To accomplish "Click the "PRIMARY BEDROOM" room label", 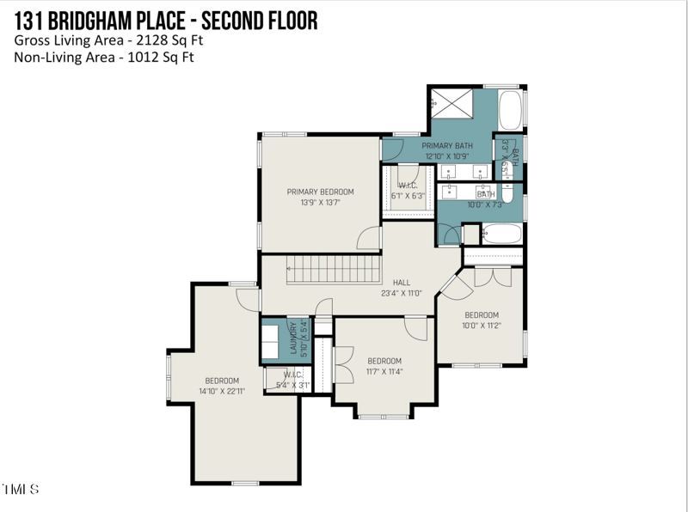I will pyautogui.click(x=320, y=192).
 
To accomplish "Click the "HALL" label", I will pyautogui.click(x=402, y=282).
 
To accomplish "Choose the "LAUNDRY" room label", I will pyautogui.click(x=293, y=339).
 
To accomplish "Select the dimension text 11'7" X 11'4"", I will pyautogui.click(x=384, y=371).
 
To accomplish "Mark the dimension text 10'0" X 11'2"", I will pyautogui.click(x=482, y=326).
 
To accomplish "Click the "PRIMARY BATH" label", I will pyautogui.click(x=447, y=146).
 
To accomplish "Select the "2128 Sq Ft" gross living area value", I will pyautogui.click(x=160, y=40).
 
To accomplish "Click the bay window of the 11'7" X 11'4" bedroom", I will pyautogui.click(x=384, y=417).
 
